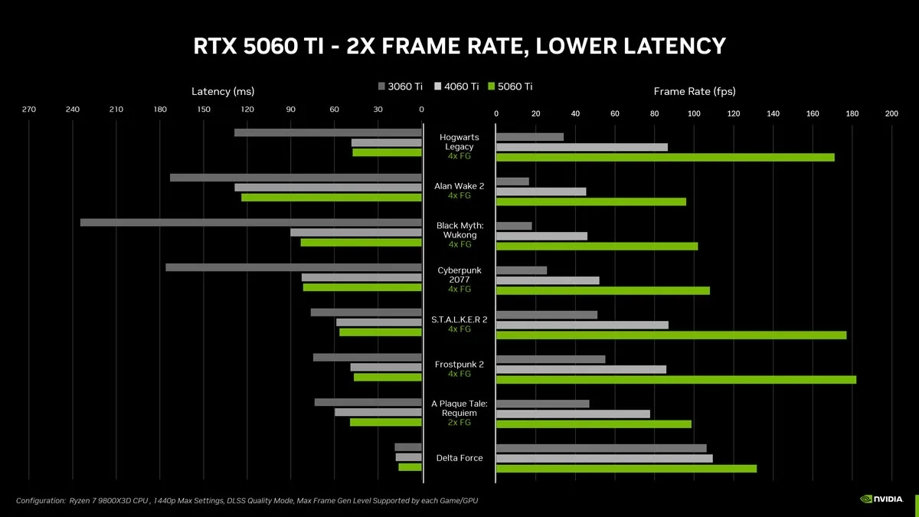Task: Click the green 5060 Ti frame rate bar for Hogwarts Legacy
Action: point(665,157)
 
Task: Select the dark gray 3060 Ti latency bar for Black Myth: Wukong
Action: point(250,222)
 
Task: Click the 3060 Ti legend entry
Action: point(400,87)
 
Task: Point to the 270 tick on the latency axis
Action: point(29,110)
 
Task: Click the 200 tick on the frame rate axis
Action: point(891,113)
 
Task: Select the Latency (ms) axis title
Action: point(222,92)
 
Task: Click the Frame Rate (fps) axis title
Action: point(694,92)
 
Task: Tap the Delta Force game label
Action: point(459,458)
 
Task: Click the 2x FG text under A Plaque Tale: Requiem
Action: point(459,423)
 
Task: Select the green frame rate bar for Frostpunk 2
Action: point(675,379)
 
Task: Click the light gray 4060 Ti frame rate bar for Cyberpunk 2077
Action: point(548,280)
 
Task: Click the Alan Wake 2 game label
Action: point(459,185)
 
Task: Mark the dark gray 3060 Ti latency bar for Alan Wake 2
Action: point(296,178)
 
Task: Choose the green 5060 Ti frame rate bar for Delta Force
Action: point(626,468)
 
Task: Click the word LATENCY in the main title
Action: point(661,46)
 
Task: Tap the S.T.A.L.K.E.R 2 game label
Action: point(459,319)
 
